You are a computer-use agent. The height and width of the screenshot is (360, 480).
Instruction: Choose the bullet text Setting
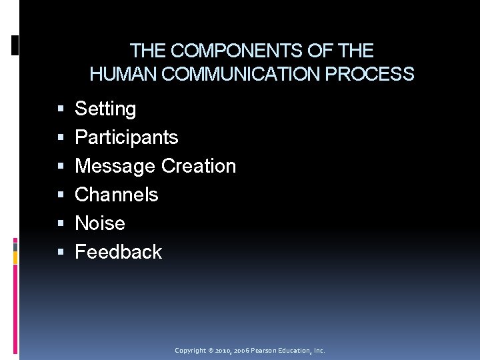coord(105,109)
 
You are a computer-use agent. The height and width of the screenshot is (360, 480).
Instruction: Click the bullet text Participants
coord(126,137)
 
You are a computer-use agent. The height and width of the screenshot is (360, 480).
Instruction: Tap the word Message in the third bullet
coord(115,166)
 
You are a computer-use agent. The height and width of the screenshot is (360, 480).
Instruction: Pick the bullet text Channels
coord(117,195)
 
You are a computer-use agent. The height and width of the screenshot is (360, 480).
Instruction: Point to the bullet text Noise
coord(100,223)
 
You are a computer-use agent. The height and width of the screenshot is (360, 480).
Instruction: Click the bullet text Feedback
coord(118,252)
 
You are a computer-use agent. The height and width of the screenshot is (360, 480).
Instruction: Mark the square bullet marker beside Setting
coord(61,109)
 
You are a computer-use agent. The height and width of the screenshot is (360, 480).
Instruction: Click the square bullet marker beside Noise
coord(61,224)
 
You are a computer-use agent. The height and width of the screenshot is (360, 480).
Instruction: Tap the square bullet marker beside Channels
coord(61,195)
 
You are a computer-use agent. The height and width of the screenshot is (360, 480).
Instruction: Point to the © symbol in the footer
coord(210,351)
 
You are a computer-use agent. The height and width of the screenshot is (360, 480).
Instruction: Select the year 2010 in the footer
coord(223,351)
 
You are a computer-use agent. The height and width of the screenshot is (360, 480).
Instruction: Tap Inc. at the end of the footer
coord(319,351)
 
